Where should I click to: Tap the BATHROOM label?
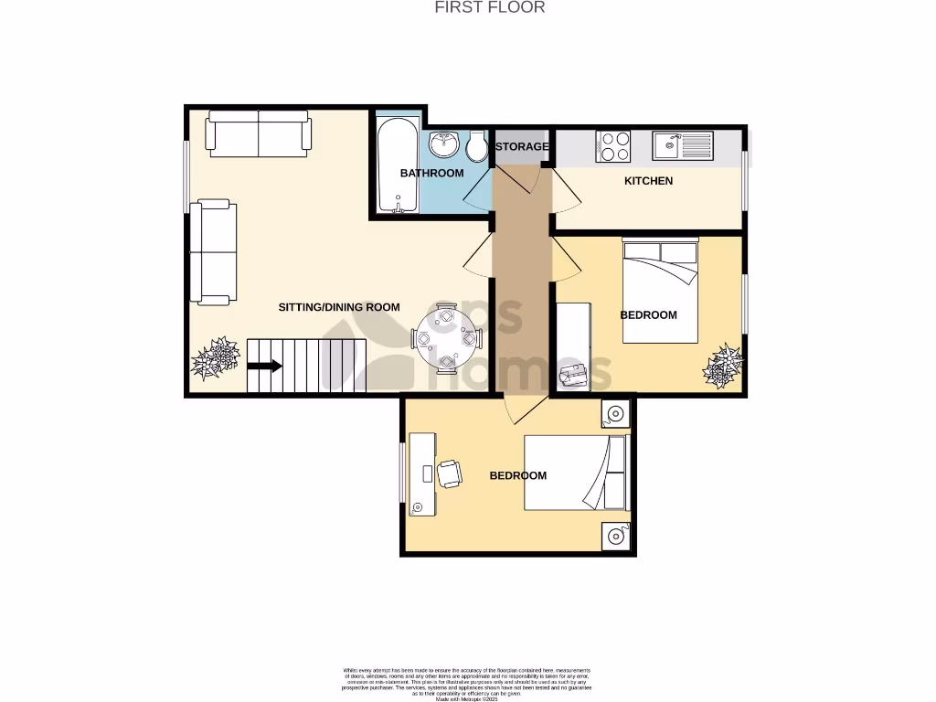pyautogui.click(x=431, y=173)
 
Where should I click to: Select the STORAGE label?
pyautogui.click(x=522, y=146)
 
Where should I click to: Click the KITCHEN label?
pyautogui.click(x=648, y=181)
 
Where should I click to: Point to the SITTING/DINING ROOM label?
pyautogui.click(x=339, y=307)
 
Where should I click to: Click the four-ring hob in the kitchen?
pyautogui.click(x=612, y=146)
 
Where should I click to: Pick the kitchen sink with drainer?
pyautogui.click(x=683, y=145)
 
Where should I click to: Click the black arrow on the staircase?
pyautogui.click(x=265, y=367)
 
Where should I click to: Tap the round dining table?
pyautogui.click(x=445, y=338)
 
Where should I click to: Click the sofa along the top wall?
pyautogui.click(x=259, y=133)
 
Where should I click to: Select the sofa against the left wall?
pyautogui.click(x=213, y=252)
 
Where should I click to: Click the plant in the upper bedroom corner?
pyautogui.click(x=722, y=366)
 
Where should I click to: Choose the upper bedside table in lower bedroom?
pyautogui.click(x=615, y=415)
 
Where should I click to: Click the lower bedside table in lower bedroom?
pyautogui.click(x=615, y=537)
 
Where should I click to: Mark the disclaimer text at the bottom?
pyautogui.click(x=467, y=682)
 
